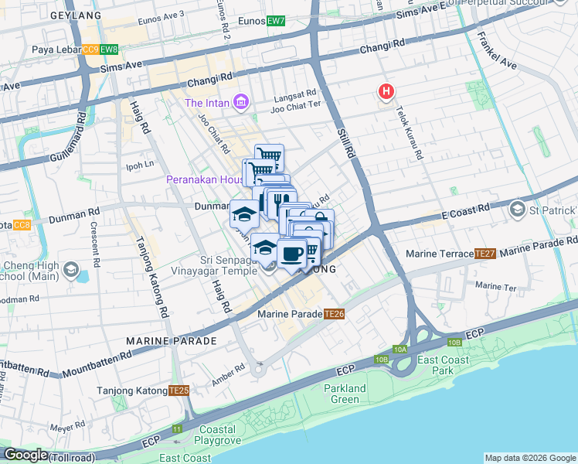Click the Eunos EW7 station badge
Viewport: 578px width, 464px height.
276,21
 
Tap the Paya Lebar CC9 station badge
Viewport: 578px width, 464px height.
91,50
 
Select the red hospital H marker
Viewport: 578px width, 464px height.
386,93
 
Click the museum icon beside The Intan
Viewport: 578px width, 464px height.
241,102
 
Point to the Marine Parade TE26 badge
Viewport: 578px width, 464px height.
334,314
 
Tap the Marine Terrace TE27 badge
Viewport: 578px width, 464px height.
484,254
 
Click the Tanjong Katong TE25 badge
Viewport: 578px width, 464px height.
179,391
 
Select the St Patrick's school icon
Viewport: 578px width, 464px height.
516,210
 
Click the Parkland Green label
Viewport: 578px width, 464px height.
344,394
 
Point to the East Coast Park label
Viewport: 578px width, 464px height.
440,366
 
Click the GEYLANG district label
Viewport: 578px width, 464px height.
75,15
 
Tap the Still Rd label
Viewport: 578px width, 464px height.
345,144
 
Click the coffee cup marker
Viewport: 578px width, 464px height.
291,254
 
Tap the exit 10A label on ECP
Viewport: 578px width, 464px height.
399,350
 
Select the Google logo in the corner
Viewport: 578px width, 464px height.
25,455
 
